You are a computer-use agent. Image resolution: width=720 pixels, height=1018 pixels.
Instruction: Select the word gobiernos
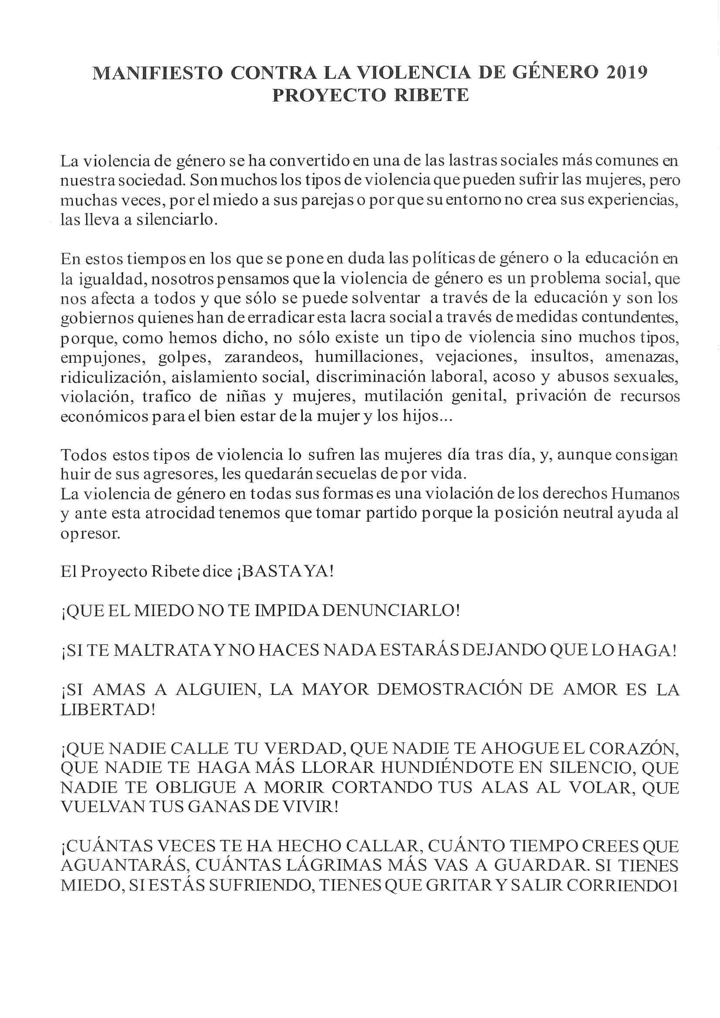96,318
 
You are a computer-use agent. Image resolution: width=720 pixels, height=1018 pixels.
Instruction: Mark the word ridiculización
111,377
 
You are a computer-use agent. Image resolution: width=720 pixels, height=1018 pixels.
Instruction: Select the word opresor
90,533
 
